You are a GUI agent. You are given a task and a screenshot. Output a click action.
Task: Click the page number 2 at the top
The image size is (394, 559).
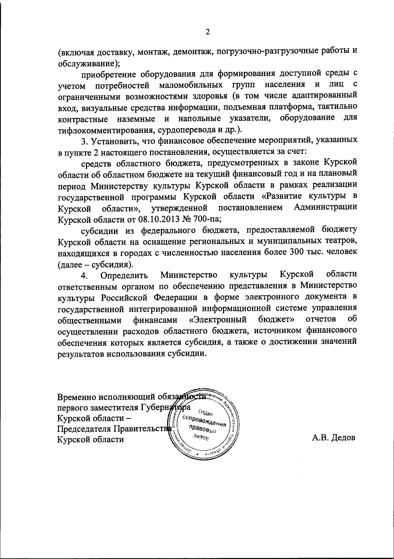pyautogui.click(x=207, y=32)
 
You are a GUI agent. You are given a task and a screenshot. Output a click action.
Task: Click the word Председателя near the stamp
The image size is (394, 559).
pyautogui.click(x=84, y=429)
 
